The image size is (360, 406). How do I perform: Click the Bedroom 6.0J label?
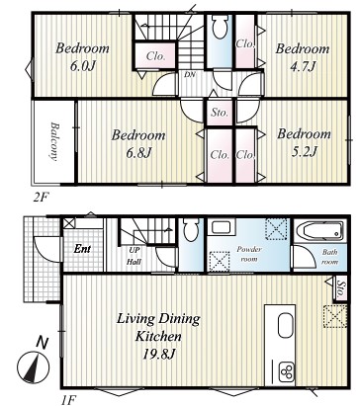[82, 57]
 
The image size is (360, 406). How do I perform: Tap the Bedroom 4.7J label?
[303, 57]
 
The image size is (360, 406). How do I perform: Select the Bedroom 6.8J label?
[138, 144]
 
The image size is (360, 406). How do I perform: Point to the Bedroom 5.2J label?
[304, 142]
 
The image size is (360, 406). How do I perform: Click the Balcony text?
[54, 141]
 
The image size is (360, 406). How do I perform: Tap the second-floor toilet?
[220, 26]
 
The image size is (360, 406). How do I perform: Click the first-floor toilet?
[191, 229]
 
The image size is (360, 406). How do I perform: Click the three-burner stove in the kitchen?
[287, 371]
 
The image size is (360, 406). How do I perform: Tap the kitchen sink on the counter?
[286, 325]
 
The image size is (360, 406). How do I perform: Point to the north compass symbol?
[34, 365]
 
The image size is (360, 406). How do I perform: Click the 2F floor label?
[41, 198]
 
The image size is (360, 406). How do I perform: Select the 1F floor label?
[68, 400]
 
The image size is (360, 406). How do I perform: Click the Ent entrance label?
[82, 249]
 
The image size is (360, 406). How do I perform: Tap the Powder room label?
[249, 254]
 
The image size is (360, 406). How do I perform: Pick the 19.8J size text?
[159, 354]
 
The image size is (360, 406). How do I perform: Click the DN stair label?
[190, 75]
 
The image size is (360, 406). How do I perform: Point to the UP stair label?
[135, 250]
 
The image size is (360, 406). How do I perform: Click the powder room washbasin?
[222, 227]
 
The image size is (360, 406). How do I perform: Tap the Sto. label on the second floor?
[220, 113]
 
